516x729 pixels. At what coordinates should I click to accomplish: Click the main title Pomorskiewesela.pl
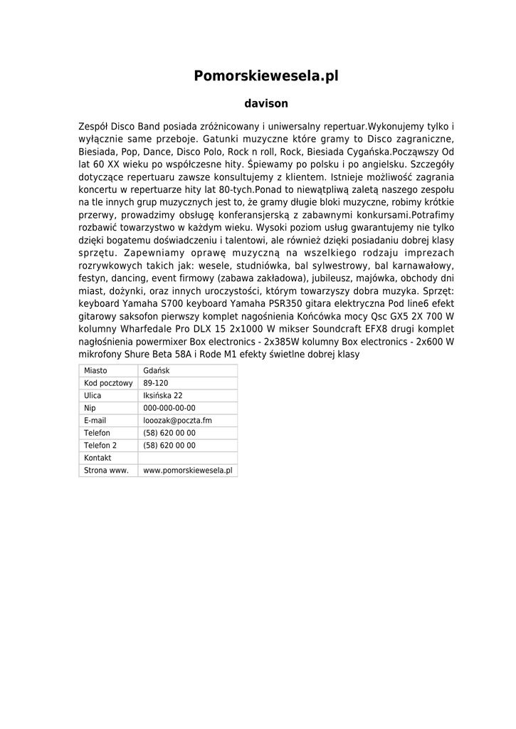click(265, 76)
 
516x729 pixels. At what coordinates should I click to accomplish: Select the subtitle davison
click(265, 104)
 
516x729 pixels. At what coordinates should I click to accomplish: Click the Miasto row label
click(95, 371)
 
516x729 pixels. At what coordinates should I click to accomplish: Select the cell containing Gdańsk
click(157, 371)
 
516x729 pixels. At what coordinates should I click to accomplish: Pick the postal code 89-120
click(156, 383)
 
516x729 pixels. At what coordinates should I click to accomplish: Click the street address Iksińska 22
click(163, 396)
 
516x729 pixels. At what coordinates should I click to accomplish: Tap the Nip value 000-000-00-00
click(169, 408)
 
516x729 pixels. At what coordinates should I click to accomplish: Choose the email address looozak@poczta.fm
click(178, 421)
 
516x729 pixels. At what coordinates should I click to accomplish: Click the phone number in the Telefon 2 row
click(169, 446)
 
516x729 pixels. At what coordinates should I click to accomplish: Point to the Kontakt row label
click(98, 458)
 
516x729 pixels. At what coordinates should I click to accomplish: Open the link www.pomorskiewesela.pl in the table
click(188, 471)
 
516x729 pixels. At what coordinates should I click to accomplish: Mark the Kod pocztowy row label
click(108, 383)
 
